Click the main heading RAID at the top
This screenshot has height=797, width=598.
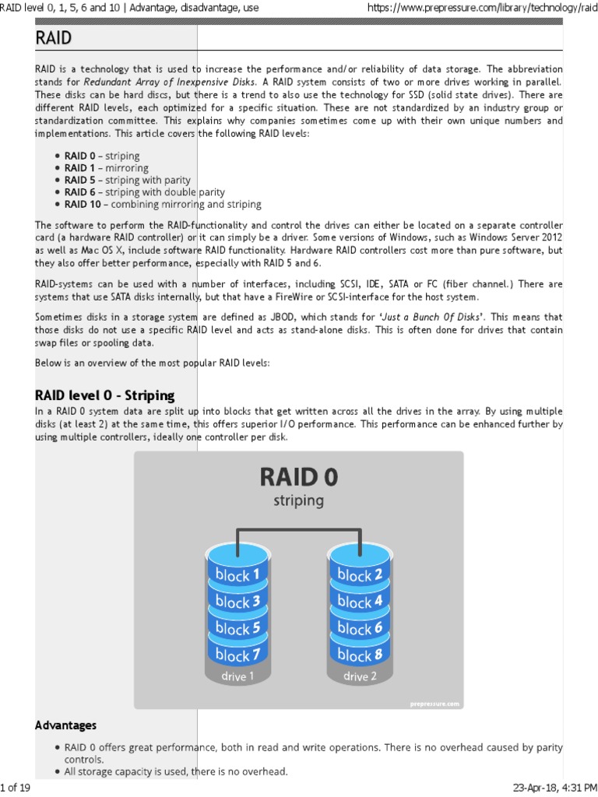click(x=54, y=39)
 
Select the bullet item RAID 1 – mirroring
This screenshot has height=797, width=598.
click(x=107, y=168)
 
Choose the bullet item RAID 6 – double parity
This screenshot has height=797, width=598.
click(x=145, y=192)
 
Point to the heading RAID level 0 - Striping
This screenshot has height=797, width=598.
click(x=105, y=395)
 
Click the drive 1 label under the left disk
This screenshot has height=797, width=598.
click(x=237, y=676)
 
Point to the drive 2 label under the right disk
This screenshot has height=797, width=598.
click(x=360, y=676)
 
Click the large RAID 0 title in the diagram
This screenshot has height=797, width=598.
click(x=298, y=476)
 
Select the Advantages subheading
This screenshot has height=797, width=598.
click(x=66, y=725)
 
